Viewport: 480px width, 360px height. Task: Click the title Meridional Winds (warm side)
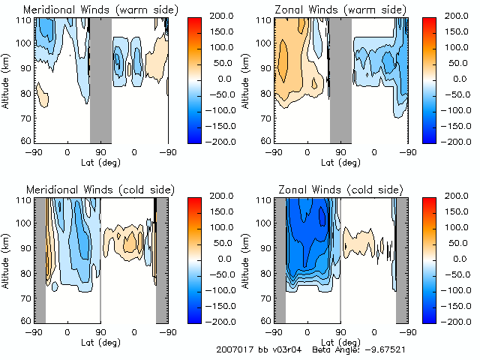100,10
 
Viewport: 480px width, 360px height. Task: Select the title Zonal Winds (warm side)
340,10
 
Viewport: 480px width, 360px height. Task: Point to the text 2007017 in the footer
233,349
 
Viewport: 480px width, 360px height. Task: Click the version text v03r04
283,349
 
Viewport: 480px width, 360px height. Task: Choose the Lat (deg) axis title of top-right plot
340,160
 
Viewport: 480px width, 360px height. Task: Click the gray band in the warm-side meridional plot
100,79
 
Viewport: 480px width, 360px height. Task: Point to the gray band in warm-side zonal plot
340,79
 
